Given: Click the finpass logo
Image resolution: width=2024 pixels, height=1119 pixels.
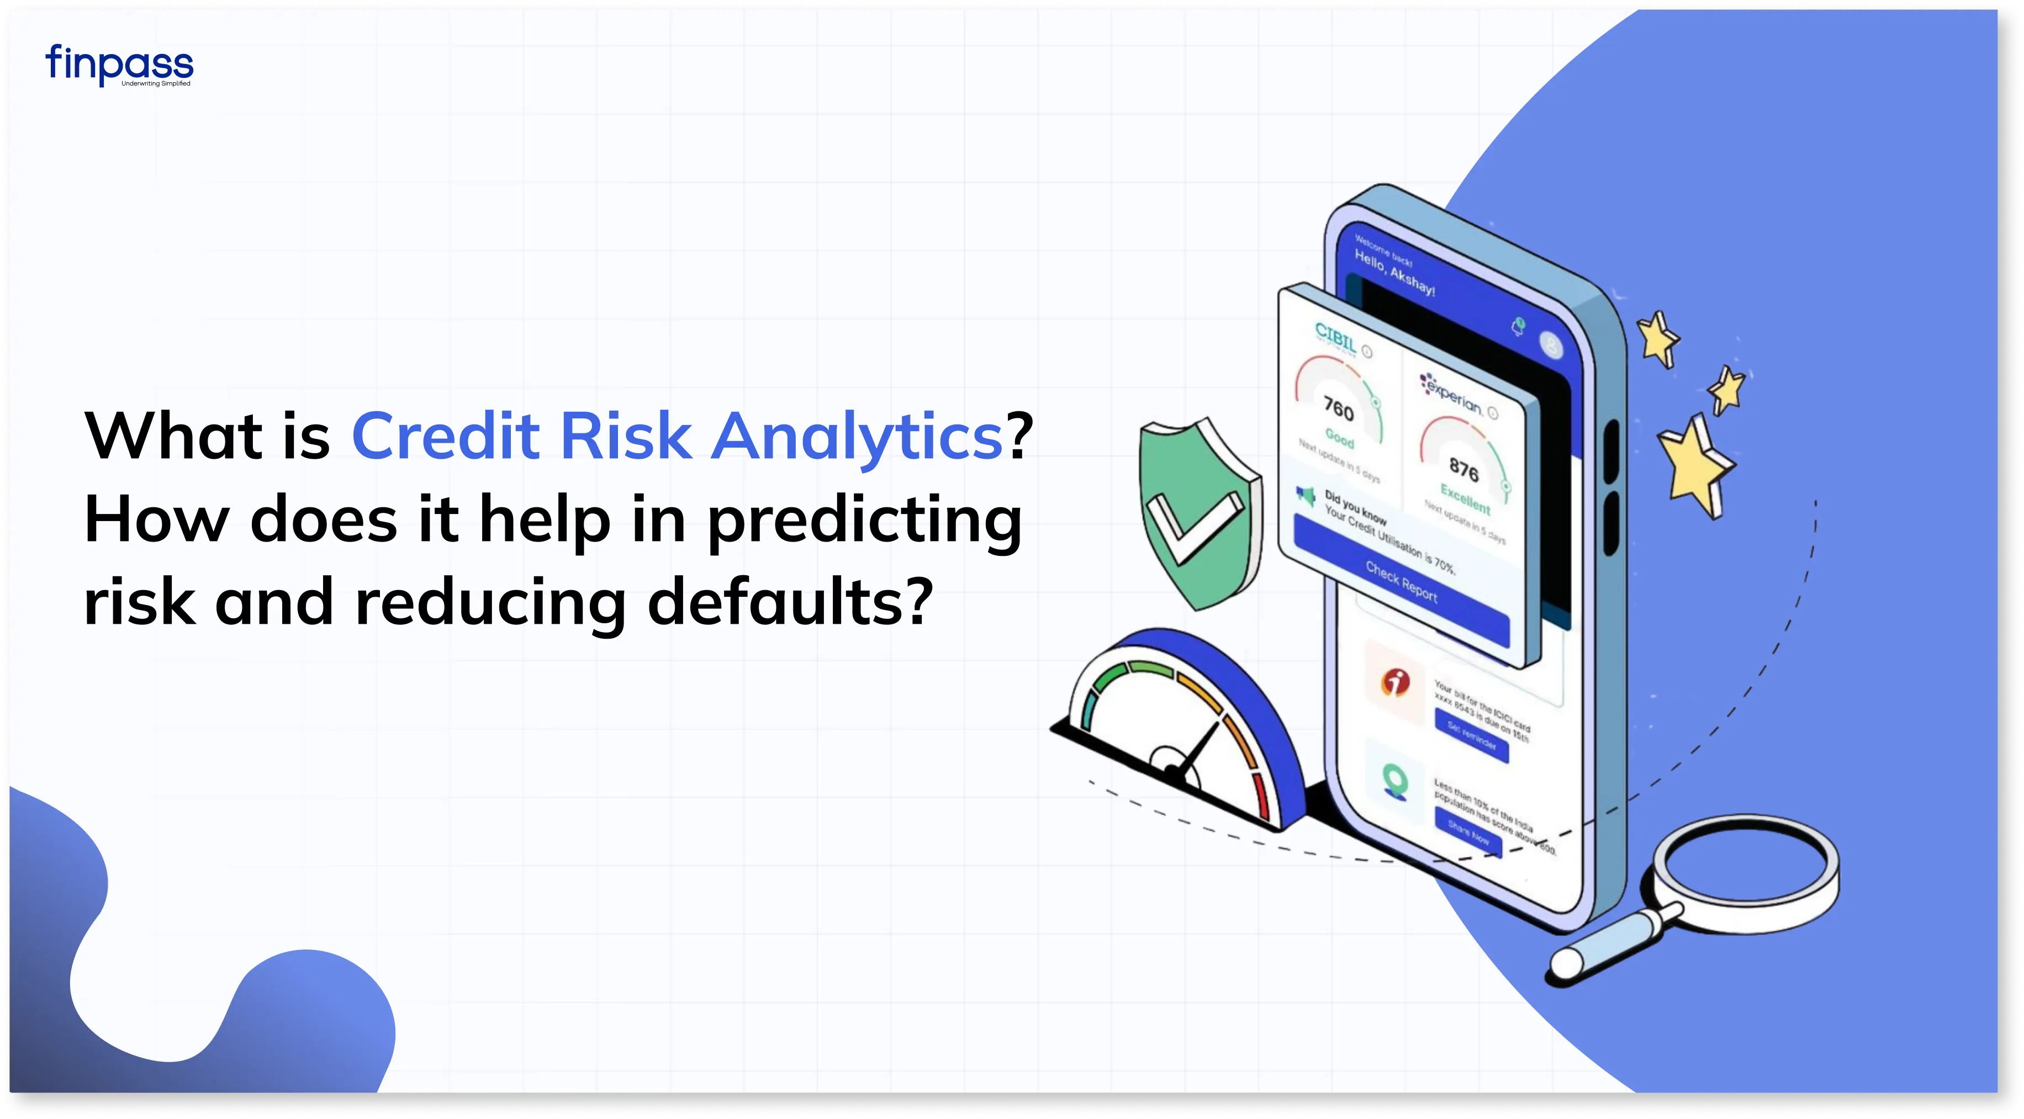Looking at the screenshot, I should pos(119,65).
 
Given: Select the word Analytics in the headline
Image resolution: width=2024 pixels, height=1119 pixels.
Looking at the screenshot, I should pos(857,437).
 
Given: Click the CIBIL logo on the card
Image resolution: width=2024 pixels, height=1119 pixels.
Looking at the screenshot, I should pos(1336,338).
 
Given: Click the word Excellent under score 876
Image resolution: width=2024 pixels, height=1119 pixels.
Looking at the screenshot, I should pos(1465,498).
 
